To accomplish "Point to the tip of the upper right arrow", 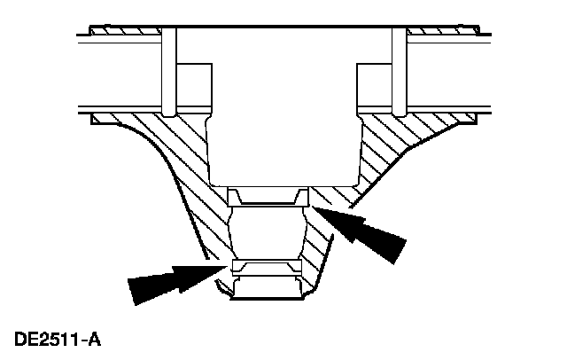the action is coord(313,207).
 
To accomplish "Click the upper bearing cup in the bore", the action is coord(267,196).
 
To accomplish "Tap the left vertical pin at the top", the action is coord(170,71).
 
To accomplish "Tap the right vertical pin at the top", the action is coord(398,71).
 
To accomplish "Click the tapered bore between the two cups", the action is coord(267,232).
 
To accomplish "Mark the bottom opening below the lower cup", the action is coord(266,289).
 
